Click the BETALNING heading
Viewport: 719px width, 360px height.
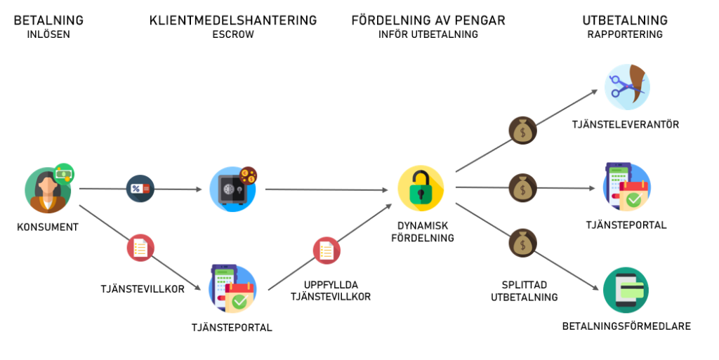click(x=48, y=20)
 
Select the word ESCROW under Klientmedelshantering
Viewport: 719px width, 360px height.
click(x=232, y=34)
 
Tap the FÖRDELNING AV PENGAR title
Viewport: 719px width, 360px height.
click(x=428, y=20)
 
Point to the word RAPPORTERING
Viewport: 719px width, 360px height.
click(x=625, y=34)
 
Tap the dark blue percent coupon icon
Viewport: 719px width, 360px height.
click(x=140, y=189)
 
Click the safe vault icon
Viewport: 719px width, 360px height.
click(x=232, y=189)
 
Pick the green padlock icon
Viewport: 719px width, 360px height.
click(x=421, y=189)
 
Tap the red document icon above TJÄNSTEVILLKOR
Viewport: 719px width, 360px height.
click(x=140, y=248)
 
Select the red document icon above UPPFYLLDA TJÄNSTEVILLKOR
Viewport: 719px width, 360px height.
click(x=326, y=250)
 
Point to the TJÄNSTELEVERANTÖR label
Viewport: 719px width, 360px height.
click(x=626, y=125)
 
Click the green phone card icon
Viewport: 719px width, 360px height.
click(x=626, y=290)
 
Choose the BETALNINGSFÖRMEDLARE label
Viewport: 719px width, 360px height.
click(x=626, y=326)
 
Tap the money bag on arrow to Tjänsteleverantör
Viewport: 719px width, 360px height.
click(x=522, y=131)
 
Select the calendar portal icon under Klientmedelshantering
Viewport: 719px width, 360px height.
click(x=232, y=288)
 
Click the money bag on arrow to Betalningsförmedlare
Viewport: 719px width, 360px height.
click(x=522, y=242)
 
